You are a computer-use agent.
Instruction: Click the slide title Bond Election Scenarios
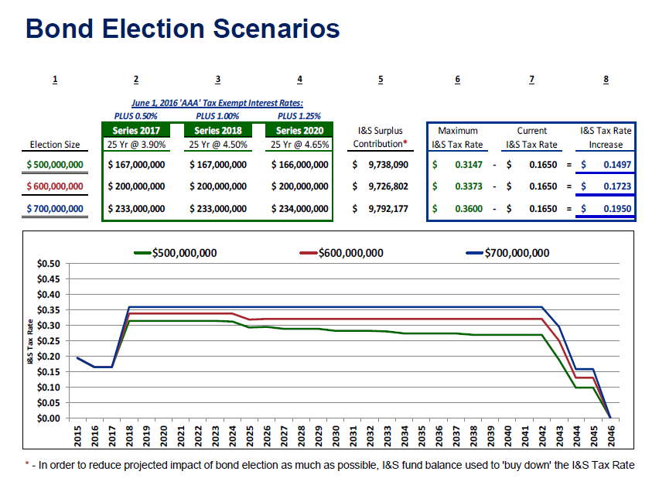[x=183, y=29]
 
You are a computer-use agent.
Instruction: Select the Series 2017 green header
[x=136, y=130]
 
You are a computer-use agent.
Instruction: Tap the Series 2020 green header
[x=299, y=130]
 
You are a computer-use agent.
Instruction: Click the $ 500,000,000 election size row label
[x=55, y=165]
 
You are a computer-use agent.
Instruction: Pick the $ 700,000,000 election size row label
[x=55, y=208]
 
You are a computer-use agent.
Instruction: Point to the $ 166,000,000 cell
[x=300, y=165]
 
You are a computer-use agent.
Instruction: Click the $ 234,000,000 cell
[x=300, y=208]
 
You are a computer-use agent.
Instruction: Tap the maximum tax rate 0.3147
[x=469, y=165]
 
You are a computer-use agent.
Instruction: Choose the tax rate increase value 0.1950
[x=616, y=208]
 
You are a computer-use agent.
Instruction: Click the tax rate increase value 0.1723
[x=616, y=186]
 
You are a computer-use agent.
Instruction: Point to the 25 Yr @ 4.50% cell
[x=218, y=144]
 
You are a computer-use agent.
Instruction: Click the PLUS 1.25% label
[x=299, y=115]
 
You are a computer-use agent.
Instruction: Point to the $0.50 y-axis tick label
[x=48, y=264]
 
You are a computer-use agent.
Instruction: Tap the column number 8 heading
[x=606, y=80]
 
